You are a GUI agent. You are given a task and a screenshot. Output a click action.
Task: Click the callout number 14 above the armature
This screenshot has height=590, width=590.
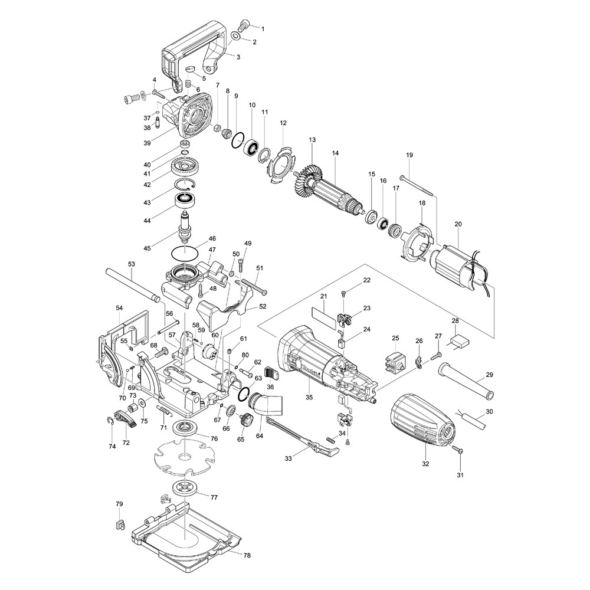click(x=335, y=153)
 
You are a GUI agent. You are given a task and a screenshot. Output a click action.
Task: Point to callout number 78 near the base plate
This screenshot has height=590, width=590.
click(x=247, y=556)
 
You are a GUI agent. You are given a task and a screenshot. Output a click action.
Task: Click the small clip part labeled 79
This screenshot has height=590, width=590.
click(x=119, y=524)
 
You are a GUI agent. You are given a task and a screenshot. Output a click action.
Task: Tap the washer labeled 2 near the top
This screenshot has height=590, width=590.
click(x=236, y=37)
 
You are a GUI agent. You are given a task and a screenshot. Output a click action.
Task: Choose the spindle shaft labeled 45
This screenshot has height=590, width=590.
click(x=187, y=227)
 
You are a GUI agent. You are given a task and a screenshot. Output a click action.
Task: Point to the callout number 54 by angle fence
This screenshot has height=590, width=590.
click(x=119, y=308)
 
